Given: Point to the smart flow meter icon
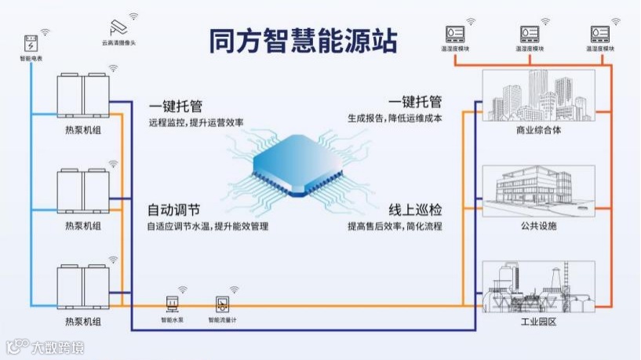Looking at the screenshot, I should (222, 304).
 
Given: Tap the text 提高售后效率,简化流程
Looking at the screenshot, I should (395, 226).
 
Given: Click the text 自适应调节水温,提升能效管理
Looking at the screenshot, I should (208, 226).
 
